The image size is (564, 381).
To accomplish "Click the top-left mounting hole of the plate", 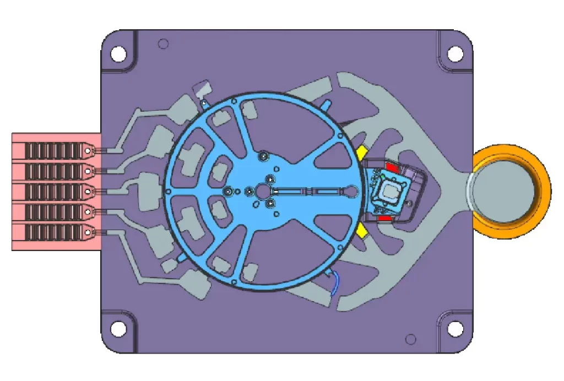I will point(118,54).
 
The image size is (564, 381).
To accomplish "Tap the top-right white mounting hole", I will point(455,54).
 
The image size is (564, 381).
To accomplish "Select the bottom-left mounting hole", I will point(118,329).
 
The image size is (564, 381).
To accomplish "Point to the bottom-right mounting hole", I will point(455,329).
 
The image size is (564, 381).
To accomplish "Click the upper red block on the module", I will point(393,167).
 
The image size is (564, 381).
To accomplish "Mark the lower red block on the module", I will point(384,219).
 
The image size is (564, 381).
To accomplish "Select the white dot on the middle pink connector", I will point(88,191).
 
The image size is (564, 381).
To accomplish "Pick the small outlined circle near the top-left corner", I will point(162,43).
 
